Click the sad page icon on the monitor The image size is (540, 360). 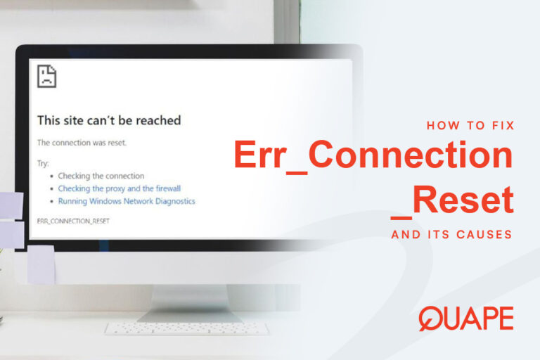click(x=46, y=77)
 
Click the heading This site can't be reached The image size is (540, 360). click(x=109, y=120)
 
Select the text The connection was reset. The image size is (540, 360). click(x=82, y=143)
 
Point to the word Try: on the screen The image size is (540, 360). click(x=44, y=162)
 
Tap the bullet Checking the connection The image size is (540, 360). click(x=101, y=176)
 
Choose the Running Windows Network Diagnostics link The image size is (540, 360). click(x=127, y=201)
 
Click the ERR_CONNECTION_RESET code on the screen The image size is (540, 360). click(x=73, y=221)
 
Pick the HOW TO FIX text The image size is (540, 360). click(x=471, y=126)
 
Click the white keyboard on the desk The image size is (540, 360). click(x=186, y=328)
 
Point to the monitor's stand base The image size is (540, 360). click(x=179, y=313)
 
